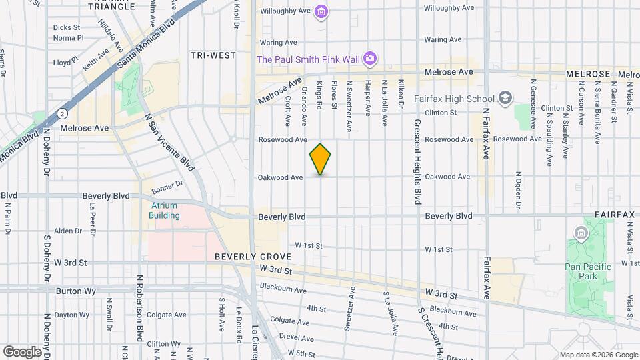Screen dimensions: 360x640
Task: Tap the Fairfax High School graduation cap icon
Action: coord(506,99)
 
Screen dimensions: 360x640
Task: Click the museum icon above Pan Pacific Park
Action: coord(581,234)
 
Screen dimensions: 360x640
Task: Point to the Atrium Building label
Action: coord(164,211)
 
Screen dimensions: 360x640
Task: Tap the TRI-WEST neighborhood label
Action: coord(213,55)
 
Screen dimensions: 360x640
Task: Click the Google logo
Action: coord(22,351)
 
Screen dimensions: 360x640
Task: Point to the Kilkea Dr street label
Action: coord(401,94)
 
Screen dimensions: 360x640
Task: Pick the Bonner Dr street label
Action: coord(167,185)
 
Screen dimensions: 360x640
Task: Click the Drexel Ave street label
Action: coord(296,337)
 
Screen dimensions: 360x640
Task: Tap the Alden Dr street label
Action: coord(67,231)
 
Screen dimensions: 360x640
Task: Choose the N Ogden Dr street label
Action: coord(518,191)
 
